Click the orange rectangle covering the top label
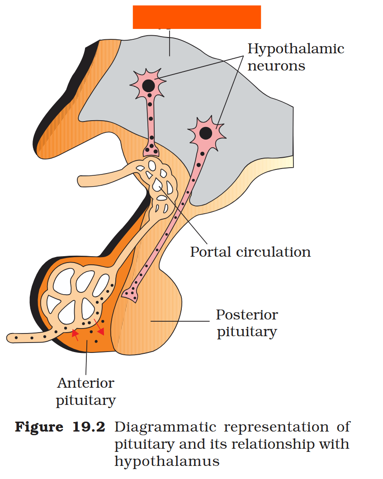[x=197, y=17]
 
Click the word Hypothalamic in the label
[x=296, y=49]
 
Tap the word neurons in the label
[x=276, y=66]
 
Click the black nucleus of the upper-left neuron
[x=148, y=85]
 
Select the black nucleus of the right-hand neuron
[x=206, y=133]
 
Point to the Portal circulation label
[x=250, y=252]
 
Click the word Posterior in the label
[x=246, y=315]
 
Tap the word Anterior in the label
[x=85, y=383]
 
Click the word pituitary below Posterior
[x=246, y=332]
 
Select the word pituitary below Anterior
[x=85, y=400]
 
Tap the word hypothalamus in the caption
[x=167, y=461]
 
